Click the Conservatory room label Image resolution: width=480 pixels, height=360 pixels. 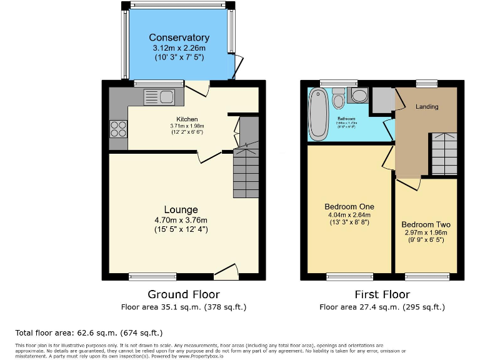(179, 37)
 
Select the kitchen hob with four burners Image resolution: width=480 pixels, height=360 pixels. (117, 128)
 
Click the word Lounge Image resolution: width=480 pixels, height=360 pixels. (181, 209)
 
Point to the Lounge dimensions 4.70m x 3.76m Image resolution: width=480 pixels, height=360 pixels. (181, 220)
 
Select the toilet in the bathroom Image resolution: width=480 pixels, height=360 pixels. (339, 99)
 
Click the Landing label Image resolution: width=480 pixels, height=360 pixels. (427, 106)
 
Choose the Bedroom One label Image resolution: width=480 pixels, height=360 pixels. (349, 207)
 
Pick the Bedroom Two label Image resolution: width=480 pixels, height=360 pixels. (426, 224)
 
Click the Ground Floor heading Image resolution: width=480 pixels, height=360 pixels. (183, 294)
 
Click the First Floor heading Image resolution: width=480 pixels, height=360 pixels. (382, 294)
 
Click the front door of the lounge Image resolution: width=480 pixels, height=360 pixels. (226, 270)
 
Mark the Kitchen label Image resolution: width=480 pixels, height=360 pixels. (187, 119)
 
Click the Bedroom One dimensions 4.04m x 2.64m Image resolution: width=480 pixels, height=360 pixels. (349, 216)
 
